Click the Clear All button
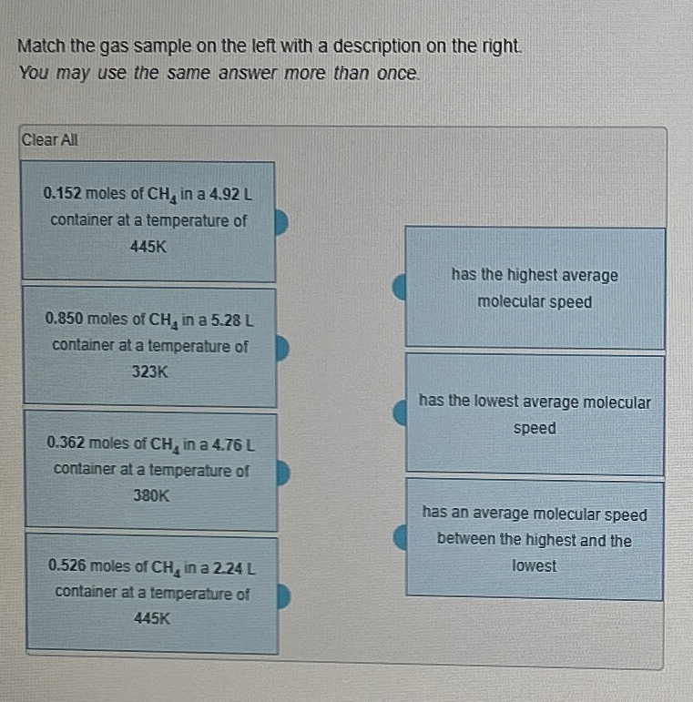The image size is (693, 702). (50, 140)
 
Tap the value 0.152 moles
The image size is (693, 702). (63, 194)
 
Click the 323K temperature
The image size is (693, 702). (149, 372)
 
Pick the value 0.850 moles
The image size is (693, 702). (65, 320)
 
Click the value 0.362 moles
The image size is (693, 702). (66, 444)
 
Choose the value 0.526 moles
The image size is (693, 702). (67, 567)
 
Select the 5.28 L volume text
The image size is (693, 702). (231, 320)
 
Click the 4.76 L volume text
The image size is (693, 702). (231, 444)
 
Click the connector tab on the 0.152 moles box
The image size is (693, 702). (281, 221)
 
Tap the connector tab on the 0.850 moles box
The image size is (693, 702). (282, 347)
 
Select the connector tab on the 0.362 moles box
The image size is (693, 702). (283, 472)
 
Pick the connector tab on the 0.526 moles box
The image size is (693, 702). (283, 595)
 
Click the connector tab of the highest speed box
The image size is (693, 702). (399, 289)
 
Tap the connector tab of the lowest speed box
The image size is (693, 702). (399, 414)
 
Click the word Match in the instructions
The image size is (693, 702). (38, 46)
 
